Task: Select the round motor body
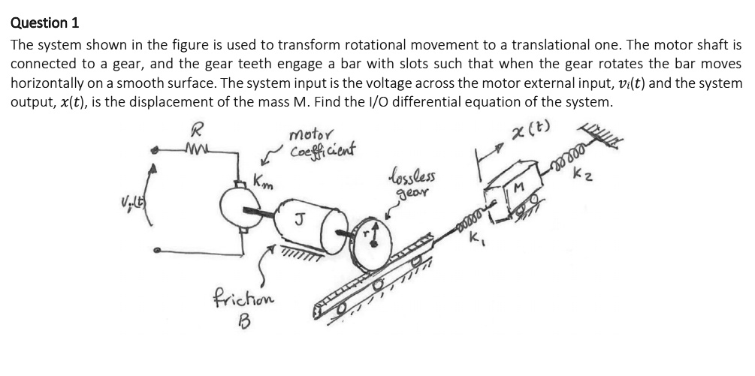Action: pyautogui.click(x=240, y=203)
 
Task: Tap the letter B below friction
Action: pyautogui.click(x=243, y=322)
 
